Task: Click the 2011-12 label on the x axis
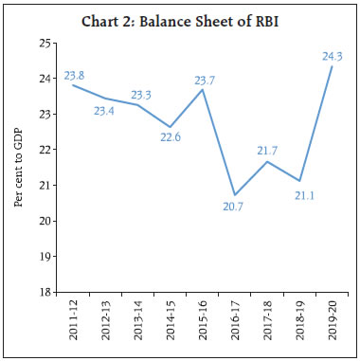pyautogui.click(x=72, y=320)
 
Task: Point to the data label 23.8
pyautogui.click(x=75, y=73)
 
